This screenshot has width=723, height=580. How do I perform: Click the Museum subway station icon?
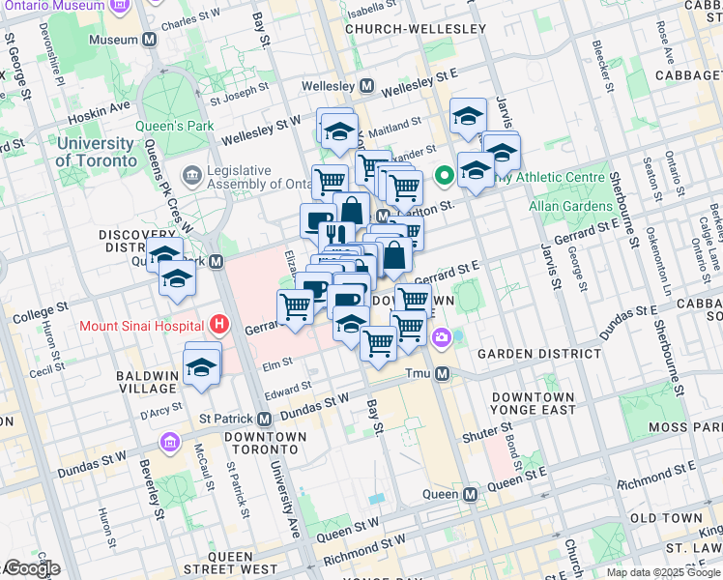pyautogui.click(x=150, y=41)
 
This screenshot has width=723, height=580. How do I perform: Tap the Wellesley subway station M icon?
pyautogui.click(x=367, y=86)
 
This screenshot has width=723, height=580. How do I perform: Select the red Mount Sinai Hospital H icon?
pyautogui.click(x=220, y=325)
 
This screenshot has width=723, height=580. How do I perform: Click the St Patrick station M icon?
pyautogui.click(x=264, y=419)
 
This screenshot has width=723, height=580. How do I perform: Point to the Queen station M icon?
pyautogui.click(x=470, y=494)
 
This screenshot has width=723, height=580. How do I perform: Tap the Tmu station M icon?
pyautogui.click(x=442, y=374)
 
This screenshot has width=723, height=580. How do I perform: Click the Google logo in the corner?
pyautogui.click(x=31, y=568)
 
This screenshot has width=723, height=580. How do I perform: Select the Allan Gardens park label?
pyautogui.click(x=569, y=207)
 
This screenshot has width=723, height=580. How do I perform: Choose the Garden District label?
pyautogui.click(x=546, y=355)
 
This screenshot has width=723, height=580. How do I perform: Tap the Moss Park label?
pyautogui.click(x=681, y=426)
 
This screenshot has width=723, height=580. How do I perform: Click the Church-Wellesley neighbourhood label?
pyautogui.click(x=416, y=29)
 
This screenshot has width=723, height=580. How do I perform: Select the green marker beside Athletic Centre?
pyautogui.click(x=445, y=176)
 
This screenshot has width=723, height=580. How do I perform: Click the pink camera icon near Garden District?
pyautogui.click(x=442, y=337)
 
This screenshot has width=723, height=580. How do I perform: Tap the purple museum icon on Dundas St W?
pyautogui.click(x=170, y=442)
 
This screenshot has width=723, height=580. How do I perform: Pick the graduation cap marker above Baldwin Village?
pyautogui.click(x=201, y=367)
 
